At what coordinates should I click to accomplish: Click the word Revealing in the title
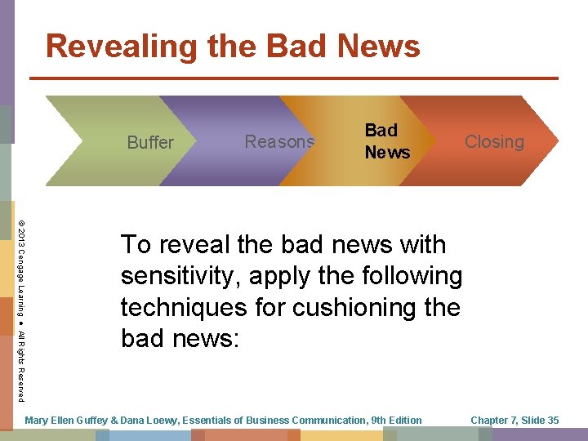coord(119,47)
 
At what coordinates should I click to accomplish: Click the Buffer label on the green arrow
coord(150,142)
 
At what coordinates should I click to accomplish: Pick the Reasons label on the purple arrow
coord(279,141)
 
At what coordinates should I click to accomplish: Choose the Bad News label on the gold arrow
coord(387,140)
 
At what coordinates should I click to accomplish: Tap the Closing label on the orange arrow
coord(494,141)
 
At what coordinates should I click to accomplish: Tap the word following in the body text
coord(408,276)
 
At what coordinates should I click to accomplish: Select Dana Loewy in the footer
coord(155,421)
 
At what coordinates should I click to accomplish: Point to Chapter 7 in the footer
coord(492,421)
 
